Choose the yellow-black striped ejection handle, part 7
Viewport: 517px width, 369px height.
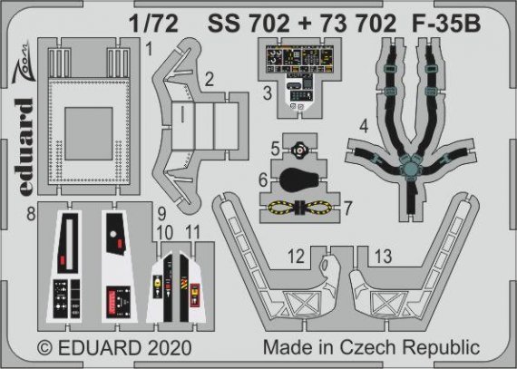(x=299, y=208)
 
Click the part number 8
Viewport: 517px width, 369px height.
(x=31, y=215)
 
